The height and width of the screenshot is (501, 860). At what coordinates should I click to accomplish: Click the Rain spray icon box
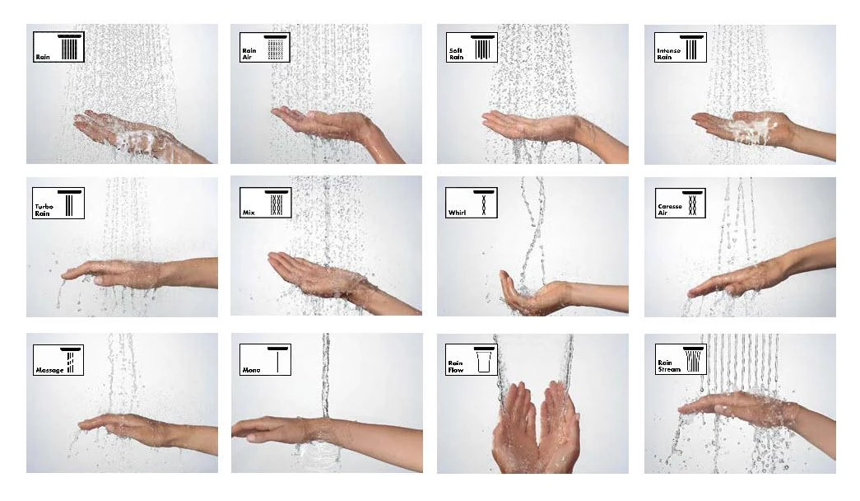58,48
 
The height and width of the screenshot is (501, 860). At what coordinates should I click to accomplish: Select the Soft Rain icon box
471,48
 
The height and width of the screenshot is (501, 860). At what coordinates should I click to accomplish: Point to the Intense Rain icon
679,48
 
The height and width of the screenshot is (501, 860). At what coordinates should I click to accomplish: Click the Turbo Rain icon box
58,203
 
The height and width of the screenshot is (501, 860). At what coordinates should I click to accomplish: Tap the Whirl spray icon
471,203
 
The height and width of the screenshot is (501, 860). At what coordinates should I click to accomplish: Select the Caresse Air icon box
679,203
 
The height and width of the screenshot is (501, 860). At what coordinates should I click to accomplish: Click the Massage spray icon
58,359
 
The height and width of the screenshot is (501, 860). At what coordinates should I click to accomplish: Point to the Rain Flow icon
471,359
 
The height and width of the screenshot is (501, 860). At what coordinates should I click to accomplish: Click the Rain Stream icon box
679,359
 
